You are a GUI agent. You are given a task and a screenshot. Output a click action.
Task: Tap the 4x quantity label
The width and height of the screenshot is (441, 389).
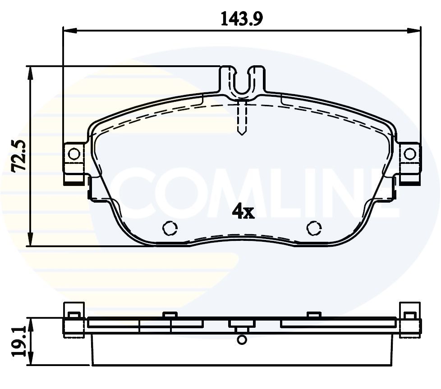(243, 212)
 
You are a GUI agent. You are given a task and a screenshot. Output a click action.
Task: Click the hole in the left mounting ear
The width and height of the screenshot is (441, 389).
(74, 154)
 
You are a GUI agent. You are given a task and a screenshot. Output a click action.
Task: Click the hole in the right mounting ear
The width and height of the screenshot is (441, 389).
(409, 154)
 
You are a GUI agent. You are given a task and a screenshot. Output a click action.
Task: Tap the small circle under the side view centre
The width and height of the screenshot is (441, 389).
(242, 340)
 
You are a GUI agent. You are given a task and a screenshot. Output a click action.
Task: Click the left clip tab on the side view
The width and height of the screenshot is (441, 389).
(73, 315)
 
